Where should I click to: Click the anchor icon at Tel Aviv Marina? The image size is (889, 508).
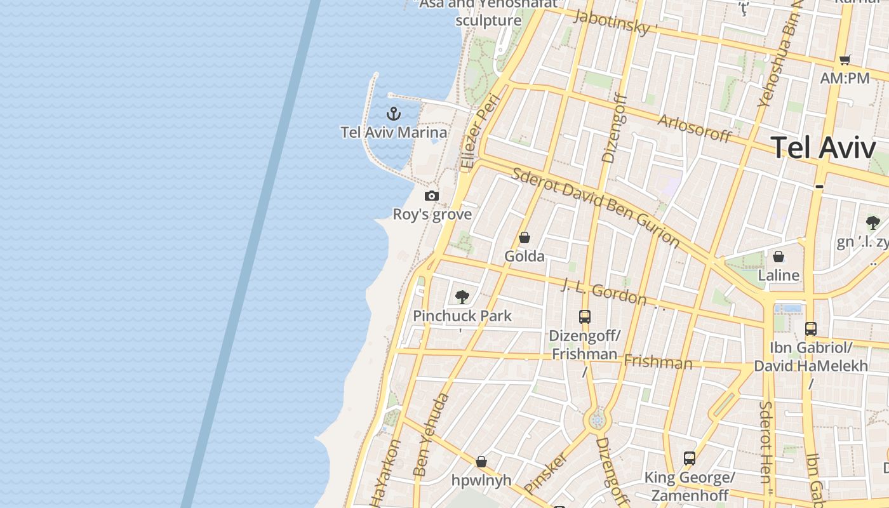(x=394, y=114)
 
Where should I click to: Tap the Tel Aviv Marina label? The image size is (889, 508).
(x=394, y=132)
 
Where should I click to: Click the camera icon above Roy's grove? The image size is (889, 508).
(x=432, y=196)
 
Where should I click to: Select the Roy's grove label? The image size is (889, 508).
(x=432, y=214)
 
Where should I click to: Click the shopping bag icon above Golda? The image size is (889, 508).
(x=525, y=238)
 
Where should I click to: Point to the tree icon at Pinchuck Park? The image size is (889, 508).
(x=462, y=297)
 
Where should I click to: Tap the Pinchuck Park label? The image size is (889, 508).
(x=462, y=316)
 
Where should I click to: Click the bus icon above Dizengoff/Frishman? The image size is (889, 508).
(x=585, y=316)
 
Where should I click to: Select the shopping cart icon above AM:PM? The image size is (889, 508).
(x=845, y=60)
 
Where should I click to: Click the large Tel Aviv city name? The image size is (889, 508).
(x=824, y=147)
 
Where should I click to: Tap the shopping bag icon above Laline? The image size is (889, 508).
(x=779, y=257)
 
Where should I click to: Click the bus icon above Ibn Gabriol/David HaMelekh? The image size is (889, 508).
(x=811, y=328)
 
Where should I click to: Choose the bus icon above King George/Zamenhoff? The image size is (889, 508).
(x=690, y=458)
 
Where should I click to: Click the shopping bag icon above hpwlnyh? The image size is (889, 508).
(x=481, y=461)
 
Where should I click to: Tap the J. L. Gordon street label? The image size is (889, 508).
(x=605, y=294)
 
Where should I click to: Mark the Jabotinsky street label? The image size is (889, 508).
(x=613, y=22)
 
